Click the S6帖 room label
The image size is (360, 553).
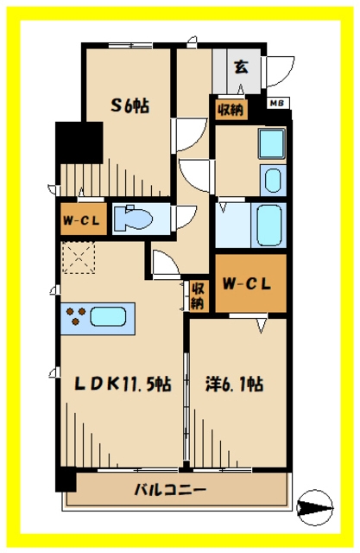tap(129, 105)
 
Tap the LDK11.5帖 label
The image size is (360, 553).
tap(123, 384)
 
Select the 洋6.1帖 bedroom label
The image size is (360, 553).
tap(235, 384)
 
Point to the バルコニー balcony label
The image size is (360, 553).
tap(170, 490)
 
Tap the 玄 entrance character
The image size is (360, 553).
tap(241, 67)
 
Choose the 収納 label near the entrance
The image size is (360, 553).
tap(231, 110)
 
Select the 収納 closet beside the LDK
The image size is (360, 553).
tap(198, 296)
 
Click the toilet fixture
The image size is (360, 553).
tap(134, 219)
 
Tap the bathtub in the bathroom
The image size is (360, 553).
tap(269, 226)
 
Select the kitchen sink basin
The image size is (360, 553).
tap(108, 316)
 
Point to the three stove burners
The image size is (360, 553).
tap(77, 315)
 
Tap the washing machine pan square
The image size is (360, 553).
tap(272, 143)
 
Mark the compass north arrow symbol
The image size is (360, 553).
tap(314, 508)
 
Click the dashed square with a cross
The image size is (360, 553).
tap(79, 257)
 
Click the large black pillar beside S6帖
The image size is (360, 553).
tap(79, 143)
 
